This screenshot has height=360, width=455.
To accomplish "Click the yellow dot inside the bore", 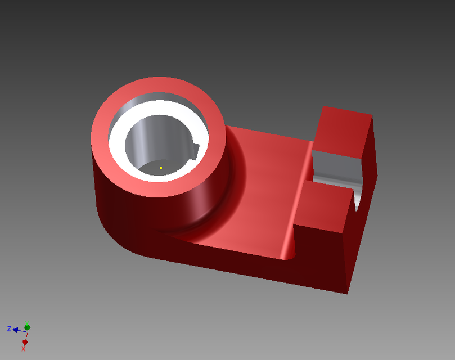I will click(161, 168).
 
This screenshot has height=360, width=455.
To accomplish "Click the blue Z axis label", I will click(9, 328).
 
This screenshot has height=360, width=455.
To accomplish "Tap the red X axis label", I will click(24, 349).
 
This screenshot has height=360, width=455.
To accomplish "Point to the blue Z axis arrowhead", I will click(16, 329).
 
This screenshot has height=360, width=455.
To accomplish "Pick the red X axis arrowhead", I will click(25, 342).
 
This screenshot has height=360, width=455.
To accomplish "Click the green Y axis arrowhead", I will click(28, 327).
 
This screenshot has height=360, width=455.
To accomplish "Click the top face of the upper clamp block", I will click(343, 132).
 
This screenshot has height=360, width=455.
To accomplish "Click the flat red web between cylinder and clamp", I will click(264, 186).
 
